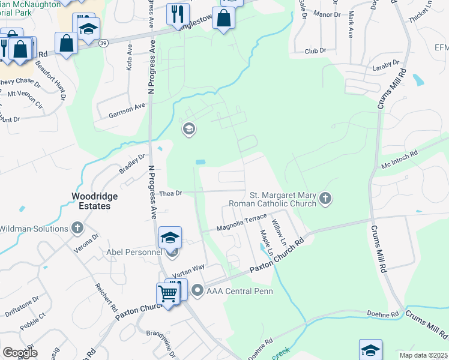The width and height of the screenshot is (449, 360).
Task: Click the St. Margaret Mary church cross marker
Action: [x=325, y=199]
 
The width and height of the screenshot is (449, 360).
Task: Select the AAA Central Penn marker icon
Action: [x=197, y=292]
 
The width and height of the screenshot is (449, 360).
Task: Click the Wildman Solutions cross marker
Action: [x=77, y=228]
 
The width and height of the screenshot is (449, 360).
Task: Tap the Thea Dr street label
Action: [x=170, y=193]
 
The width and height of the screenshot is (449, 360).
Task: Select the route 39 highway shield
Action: [x=104, y=43]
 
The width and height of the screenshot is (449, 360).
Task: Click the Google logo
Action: [x=20, y=353]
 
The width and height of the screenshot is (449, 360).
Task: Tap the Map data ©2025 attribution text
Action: [x=423, y=355]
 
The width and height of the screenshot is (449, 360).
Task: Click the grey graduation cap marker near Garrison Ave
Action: [x=188, y=129]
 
